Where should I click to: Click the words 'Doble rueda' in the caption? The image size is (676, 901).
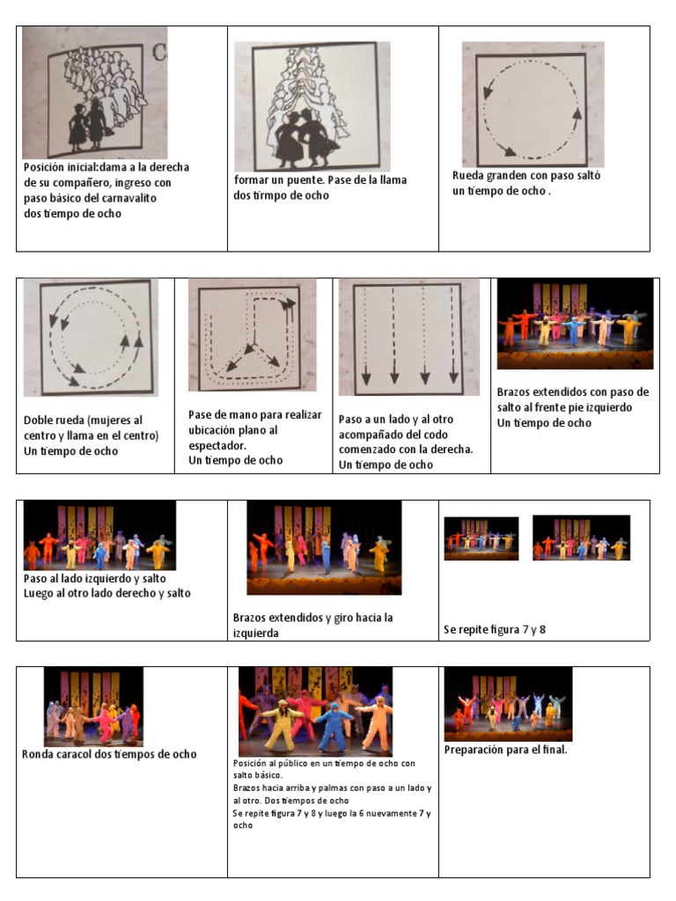pos(54,420)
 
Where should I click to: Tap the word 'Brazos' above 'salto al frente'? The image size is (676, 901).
pos(513,392)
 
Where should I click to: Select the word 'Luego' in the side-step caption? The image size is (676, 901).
pos(38,594)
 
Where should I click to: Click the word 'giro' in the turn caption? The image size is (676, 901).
pos(343,619)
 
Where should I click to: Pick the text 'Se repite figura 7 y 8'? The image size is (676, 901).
pos(495,630)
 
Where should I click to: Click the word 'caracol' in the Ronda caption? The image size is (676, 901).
pos(72,754)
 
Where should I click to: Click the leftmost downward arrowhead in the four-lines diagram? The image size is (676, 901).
pos(365,378)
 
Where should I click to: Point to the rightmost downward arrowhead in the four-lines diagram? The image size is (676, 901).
pos(453,377)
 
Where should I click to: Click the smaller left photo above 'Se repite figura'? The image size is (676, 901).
pos(481,538)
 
